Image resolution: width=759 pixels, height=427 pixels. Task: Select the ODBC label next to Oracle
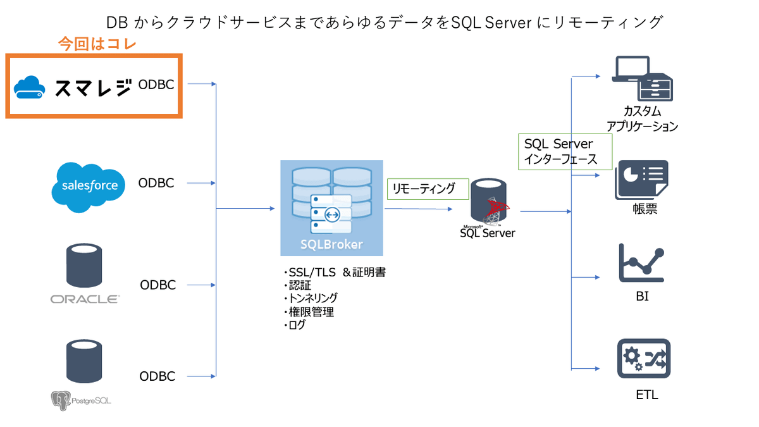pyautogui.click(x=157, y=285)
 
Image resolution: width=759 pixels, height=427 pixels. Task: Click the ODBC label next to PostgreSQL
pyautogui.click(x=157, y=376)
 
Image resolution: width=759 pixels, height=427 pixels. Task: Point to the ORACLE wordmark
pyautogui.click(x=85, y=299)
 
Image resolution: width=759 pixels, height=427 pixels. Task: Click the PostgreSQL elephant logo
pyautogui.click(x=60, y=399)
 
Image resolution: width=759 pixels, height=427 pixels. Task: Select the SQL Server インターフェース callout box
pyautogui.click(x=565, y=152)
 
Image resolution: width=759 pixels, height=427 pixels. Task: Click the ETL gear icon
pyautogui.click(x=643, y=359)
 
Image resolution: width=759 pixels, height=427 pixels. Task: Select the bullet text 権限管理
pyautogui.click(x=310, y=311)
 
